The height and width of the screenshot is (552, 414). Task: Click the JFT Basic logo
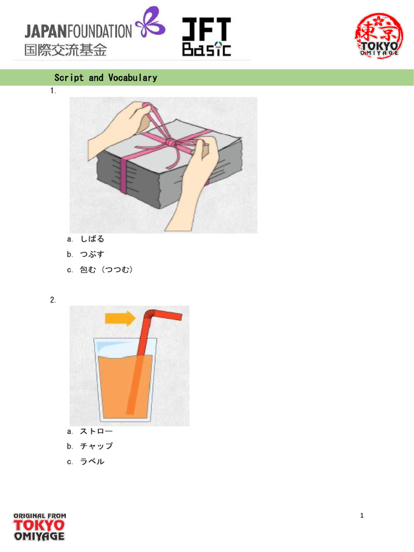pyautogui.click(x=206, y=37)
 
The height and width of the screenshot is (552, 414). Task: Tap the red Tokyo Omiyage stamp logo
pyautogui.click(x=379, y=36)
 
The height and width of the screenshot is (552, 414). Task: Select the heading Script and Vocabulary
pyautogui.click(x=106, y=78)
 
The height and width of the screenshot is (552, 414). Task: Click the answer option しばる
pyautogui.click(x=92, y=239)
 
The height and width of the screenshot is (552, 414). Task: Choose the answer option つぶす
pyautogui.click(x=92, y=254)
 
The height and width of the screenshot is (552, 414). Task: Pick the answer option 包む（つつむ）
pyautogui.click(x=106, y=270)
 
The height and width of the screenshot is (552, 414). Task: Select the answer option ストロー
pyautogui.click(x=96, y=431)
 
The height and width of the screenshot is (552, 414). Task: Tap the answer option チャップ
pyautogui.click(x=96, y=446)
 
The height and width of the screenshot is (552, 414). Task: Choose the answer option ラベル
pyautogui.click(x=92, y=461)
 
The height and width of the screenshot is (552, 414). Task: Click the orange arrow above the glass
pyautogui.click(x=120, y=318)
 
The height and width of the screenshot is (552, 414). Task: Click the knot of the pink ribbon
pyautogui.click(x=170, y=143)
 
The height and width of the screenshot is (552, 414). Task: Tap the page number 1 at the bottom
pyautogui.click(x=362, y=516)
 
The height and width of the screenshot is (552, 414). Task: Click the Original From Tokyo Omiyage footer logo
pyautogui.click(x=39, y=527)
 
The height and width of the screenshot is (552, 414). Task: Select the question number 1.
pyautogui.click(x=53, y=91)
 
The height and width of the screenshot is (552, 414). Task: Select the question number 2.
pyautogui.click(x=53, y=300)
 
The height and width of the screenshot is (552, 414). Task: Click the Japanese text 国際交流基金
pyautogui.click(x=65, y=50)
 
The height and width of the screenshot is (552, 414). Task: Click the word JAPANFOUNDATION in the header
pyautogui.click(x=78, y=31)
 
